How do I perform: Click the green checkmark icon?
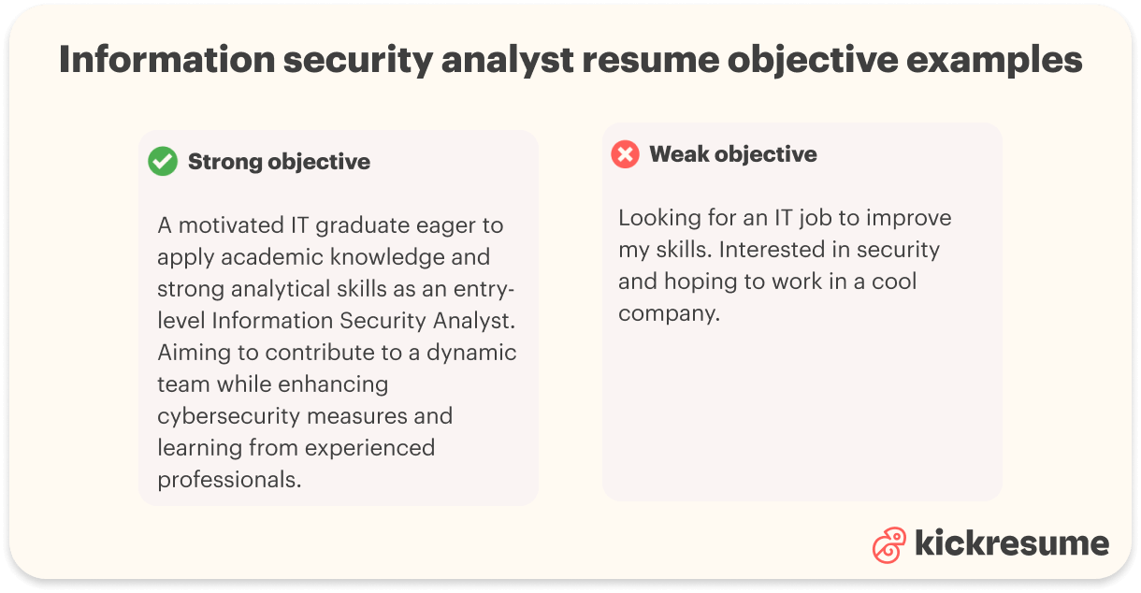[x=163, y=162]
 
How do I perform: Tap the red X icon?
[x=625, y=154]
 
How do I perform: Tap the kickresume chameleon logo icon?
[x=888, y=545]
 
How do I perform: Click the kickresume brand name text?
[x=1012, y=542]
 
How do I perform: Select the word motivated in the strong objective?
[x=237, y=225]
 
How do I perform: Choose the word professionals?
[x=229, y=479]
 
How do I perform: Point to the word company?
[x=668, y=314]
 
